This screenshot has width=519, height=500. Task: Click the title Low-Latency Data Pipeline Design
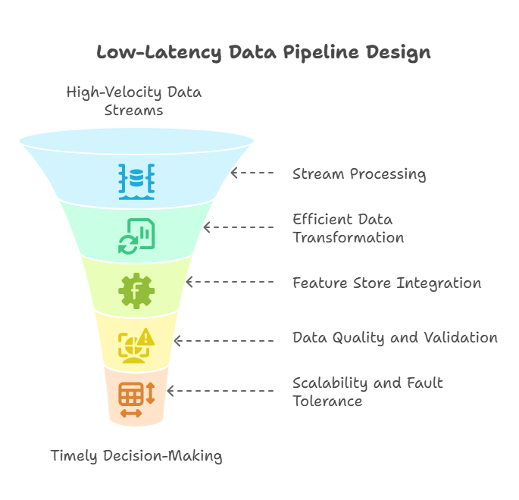click(263, 53)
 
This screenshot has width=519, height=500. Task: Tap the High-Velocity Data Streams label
click(134, 101)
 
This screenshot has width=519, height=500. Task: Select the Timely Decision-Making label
click(136, 456)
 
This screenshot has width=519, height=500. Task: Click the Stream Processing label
click(359, 174)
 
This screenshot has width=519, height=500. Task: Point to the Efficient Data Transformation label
click(349, 228)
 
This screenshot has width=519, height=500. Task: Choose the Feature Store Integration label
click(386, 283)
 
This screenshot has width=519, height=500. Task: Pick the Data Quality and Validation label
click(395, 338)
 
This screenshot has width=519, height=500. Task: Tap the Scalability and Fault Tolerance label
click(367, 392)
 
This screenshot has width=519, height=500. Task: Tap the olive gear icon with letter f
click(136, 289)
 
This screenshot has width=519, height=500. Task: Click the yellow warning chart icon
click(136, 343)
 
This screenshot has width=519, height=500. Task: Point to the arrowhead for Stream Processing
click(234, 173)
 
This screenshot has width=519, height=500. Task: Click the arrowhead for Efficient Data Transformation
click(206, 227)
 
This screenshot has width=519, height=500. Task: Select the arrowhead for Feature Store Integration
click(189, 282)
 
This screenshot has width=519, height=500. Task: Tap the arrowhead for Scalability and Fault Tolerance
click(170, 391)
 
